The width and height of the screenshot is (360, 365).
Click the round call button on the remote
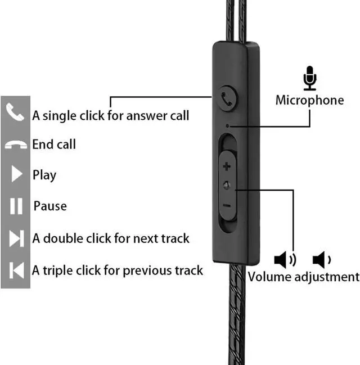tap(227, 96)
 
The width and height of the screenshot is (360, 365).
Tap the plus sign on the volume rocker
tap(227, 166)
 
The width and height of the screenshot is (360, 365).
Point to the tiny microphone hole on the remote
tap(227, 126)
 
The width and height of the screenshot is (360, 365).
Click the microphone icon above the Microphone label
tap(309, 78)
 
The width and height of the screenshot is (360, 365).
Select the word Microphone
tap(309, 101)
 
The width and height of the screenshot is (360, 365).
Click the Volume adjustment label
tap(303, 277)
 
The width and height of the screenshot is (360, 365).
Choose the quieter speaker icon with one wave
tap(321, 260)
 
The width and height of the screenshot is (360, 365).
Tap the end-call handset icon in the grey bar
tap(15, 145)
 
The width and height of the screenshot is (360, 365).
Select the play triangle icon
tap(16, 175)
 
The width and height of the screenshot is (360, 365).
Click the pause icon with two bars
tap(16, 206)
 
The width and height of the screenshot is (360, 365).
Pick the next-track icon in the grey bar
tap(16, 238)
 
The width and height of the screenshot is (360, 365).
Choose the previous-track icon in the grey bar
tap(17, 271)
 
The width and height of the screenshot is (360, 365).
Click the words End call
tap(54, 145)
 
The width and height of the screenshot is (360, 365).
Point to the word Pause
tap(50, 206)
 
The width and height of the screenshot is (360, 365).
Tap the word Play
tap(44, 175)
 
